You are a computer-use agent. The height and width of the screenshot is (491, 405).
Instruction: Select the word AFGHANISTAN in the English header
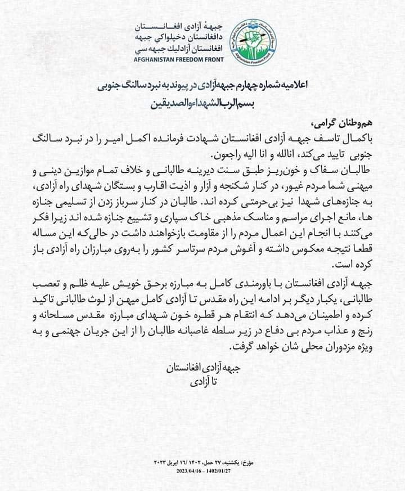point(155,59)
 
